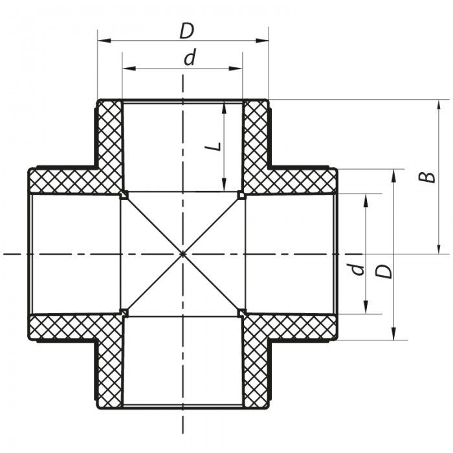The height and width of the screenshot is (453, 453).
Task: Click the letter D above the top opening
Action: pos(186,30)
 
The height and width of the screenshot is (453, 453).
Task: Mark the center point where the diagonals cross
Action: pos(182,254)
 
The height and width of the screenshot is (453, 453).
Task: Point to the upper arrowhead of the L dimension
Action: pos(223,106)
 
